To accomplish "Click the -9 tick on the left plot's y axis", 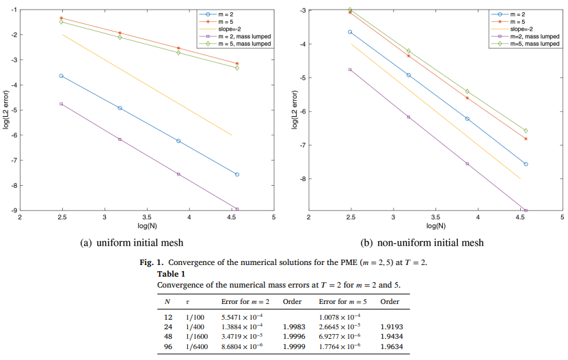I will [14, 210].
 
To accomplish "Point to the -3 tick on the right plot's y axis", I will [301, 10].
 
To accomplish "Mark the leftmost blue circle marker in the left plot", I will [62, 76].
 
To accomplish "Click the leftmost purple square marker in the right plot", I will [351, 70].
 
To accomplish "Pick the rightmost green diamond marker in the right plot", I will [526, 130].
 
